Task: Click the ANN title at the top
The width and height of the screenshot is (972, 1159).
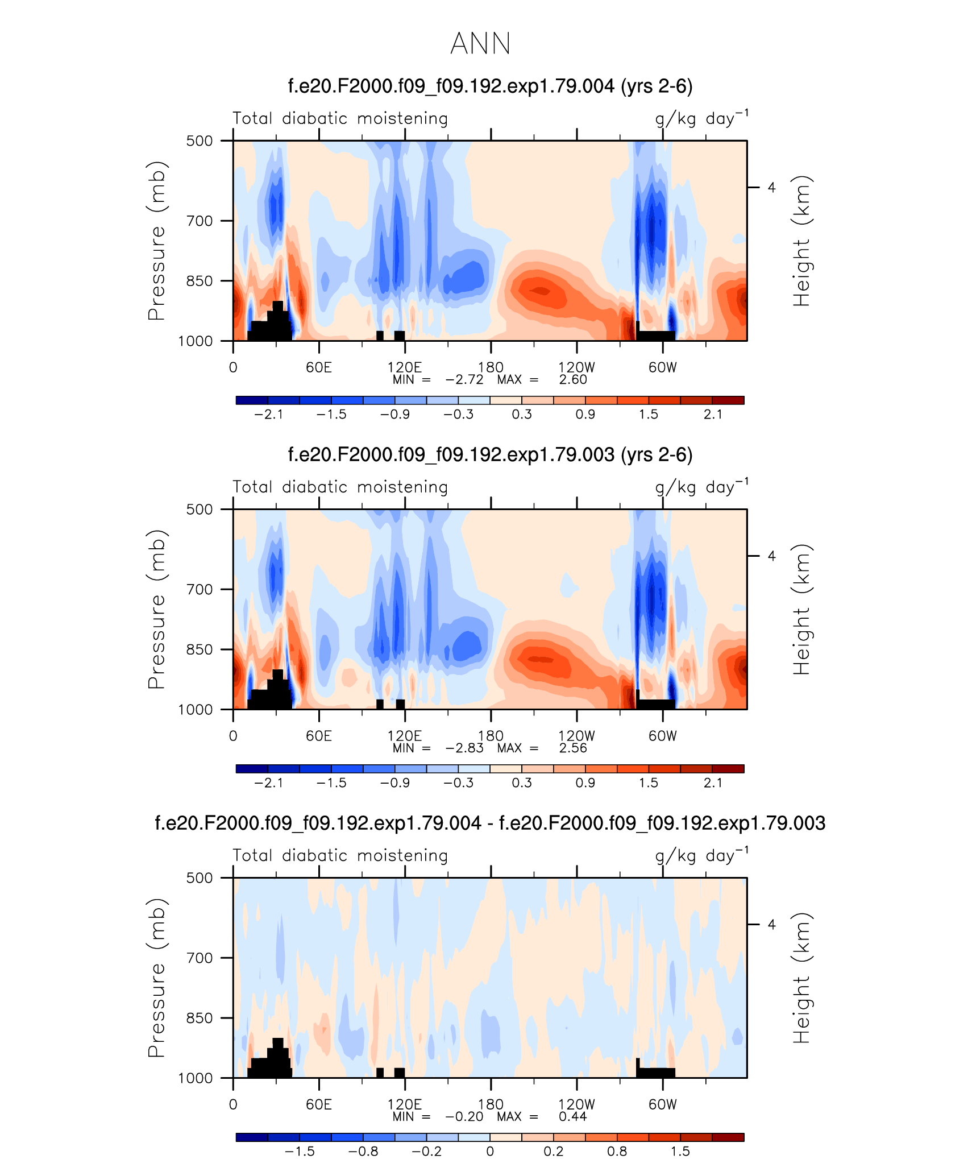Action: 480,43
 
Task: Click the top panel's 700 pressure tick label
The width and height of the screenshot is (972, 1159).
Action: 200,221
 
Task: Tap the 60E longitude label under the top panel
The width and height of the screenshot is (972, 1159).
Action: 318,367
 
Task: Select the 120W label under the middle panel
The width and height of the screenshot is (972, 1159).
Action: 576,736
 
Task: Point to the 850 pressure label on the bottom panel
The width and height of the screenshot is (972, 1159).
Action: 200,1018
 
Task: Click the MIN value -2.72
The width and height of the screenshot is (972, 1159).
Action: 464,380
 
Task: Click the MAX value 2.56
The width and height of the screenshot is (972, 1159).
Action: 572,748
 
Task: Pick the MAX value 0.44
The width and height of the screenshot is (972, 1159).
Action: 572,1117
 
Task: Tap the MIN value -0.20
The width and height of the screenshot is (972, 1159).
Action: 464,1117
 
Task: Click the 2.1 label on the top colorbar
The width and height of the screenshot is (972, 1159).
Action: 713,415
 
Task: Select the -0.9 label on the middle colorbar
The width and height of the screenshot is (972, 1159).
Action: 394,783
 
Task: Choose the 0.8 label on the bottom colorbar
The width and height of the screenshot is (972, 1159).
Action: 617,1152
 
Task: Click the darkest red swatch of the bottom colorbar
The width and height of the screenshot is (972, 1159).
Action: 728,1137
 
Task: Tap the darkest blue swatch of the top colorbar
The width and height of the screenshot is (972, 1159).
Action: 252,400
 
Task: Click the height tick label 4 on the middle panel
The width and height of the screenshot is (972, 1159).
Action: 771,556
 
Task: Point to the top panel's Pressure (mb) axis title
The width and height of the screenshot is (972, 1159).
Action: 156,241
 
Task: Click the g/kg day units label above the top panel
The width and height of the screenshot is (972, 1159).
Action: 701,118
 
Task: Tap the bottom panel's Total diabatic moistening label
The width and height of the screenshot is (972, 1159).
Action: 340,855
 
